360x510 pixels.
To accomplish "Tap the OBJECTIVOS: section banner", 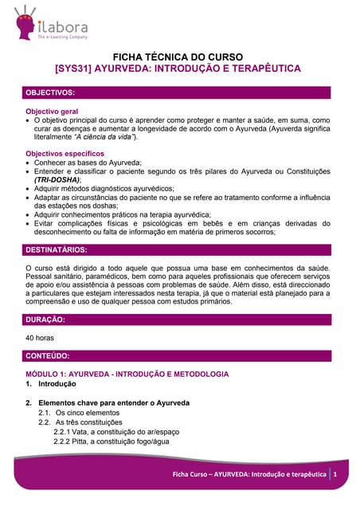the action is click(x=180, y=93).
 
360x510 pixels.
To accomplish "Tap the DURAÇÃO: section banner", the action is click(x=180, y=320).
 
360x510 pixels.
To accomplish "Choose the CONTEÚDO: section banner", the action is click(x=180, y=355).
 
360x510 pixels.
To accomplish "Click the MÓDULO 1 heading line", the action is click(x=127, y=374).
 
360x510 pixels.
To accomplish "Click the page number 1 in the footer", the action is click(x=336, y=474).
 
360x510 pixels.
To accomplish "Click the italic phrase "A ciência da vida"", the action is click(x=103, y=137).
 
